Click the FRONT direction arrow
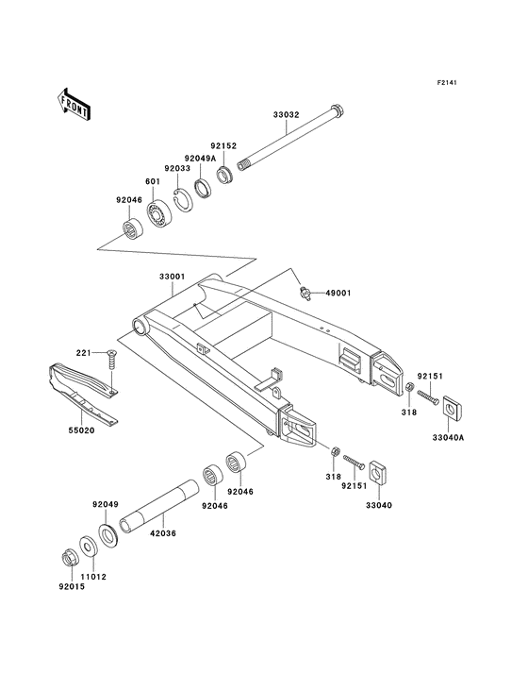(74, 103)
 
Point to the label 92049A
(200, 158)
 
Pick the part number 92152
(223, 146)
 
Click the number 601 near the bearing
(151, 182)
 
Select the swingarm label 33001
(171, 276)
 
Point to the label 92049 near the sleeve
(105, 504)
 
